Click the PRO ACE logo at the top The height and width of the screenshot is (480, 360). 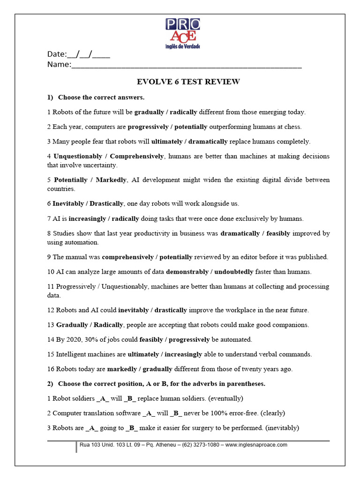182,33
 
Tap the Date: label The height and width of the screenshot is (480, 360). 57,54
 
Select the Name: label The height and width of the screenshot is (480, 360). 59,65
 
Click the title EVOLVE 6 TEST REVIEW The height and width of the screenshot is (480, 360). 188,82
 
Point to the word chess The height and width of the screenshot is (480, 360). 293,127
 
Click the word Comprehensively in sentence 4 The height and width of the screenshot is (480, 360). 136,156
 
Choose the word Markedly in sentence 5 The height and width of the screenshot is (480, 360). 111,180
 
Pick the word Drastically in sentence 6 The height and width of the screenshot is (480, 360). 106,203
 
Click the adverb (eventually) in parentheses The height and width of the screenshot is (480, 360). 227,398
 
